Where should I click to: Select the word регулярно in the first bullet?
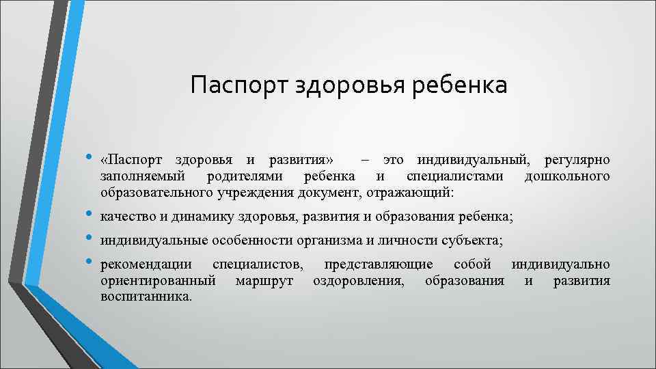click(577, 161)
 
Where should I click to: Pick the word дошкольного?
click(566, 177)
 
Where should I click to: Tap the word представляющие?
click(378, 264)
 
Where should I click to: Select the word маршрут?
click(263, 281)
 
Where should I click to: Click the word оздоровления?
click(358, 281)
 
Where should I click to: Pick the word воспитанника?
click(146, 297)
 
